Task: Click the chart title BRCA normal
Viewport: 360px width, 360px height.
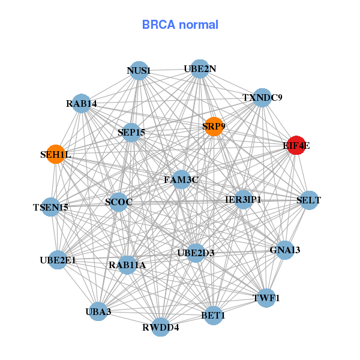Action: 180,25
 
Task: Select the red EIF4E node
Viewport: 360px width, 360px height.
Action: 296,145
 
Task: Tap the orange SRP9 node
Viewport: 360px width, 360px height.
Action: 214,127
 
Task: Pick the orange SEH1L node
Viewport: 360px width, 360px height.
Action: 55,154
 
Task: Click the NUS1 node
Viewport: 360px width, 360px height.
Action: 139,70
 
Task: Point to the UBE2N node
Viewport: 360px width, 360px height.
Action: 200,69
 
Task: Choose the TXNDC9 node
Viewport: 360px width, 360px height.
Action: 262,97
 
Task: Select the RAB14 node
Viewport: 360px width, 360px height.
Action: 82,104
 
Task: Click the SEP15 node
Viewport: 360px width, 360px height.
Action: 131,132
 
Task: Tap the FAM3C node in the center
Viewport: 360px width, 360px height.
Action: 181,179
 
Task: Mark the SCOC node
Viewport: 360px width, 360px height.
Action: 118,202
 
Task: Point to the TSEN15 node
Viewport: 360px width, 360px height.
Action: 51,207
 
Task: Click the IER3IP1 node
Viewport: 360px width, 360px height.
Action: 243,199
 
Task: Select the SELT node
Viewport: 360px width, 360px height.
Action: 308,200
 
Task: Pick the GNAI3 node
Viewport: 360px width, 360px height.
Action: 284,250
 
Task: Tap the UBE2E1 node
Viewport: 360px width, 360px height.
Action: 58,260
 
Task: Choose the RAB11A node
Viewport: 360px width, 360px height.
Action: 127,264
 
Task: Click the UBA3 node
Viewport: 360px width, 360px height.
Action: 98,311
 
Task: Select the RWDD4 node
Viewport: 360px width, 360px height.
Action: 161,327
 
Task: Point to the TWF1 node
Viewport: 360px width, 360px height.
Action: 267,297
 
